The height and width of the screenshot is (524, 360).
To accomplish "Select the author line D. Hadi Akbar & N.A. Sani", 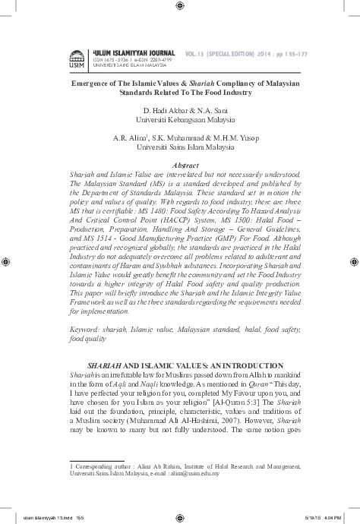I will [185, 110].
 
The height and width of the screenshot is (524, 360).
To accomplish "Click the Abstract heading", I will [185, 165].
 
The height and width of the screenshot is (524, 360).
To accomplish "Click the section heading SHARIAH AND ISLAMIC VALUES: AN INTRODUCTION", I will [185, 366].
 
